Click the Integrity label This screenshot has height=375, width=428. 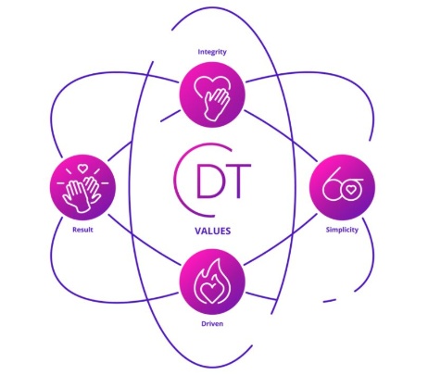coord(212,52)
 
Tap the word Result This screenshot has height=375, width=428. coord(82,230)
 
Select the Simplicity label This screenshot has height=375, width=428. coord(342,230)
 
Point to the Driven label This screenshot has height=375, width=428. coord(212,324)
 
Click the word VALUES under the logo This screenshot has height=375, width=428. coord(213,231)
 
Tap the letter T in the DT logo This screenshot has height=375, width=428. coord(237,181)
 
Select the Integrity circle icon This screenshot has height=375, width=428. coord(212,94)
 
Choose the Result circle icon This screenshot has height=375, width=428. coord(82,187)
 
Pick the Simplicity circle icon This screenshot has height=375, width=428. coord(342,187)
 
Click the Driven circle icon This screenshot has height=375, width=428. coord(212,281)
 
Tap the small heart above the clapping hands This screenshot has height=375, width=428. coord(82,169)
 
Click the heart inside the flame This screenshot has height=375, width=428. coord(210,291)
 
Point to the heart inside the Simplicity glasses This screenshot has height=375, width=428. coord(350,189)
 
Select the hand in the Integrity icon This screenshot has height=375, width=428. coord(216,104)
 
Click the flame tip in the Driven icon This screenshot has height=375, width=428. coord(218,260)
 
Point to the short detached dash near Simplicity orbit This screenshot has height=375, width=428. coord(330,300)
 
